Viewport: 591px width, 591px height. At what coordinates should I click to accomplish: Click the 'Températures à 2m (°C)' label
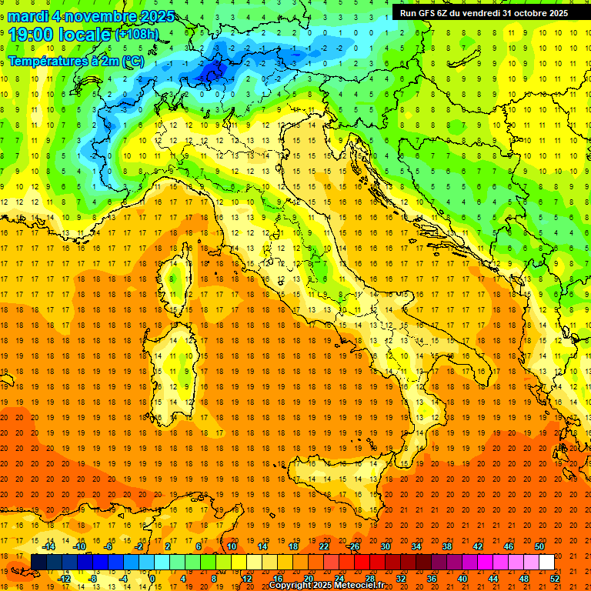pyautogui.click(x=75, y=61)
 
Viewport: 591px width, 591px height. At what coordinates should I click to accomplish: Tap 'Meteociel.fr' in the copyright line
pyautogui.click(x=353, y=586)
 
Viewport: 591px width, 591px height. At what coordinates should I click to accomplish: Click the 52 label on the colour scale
pyautogui.click(x=555, y=578)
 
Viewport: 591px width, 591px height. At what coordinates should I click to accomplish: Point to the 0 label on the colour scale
pyautogui.click(x=152, y=578)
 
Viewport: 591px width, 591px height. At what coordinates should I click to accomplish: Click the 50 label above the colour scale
pyautogui.click(x=539, y=546)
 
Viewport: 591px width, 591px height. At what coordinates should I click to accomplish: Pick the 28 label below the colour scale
pyautogui.click(x=369, y=578)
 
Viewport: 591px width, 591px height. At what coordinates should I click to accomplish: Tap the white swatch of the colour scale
pyautogui.click(x=546, y=562)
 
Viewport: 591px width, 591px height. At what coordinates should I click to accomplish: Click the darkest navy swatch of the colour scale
pyautogui.click(x=38, y=562)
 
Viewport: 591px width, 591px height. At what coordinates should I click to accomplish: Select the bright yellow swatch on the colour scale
pyautogui.click(x=254, y=562)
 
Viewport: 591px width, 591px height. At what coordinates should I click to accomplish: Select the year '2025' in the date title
pyautogui.click(x=153, y=16)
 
